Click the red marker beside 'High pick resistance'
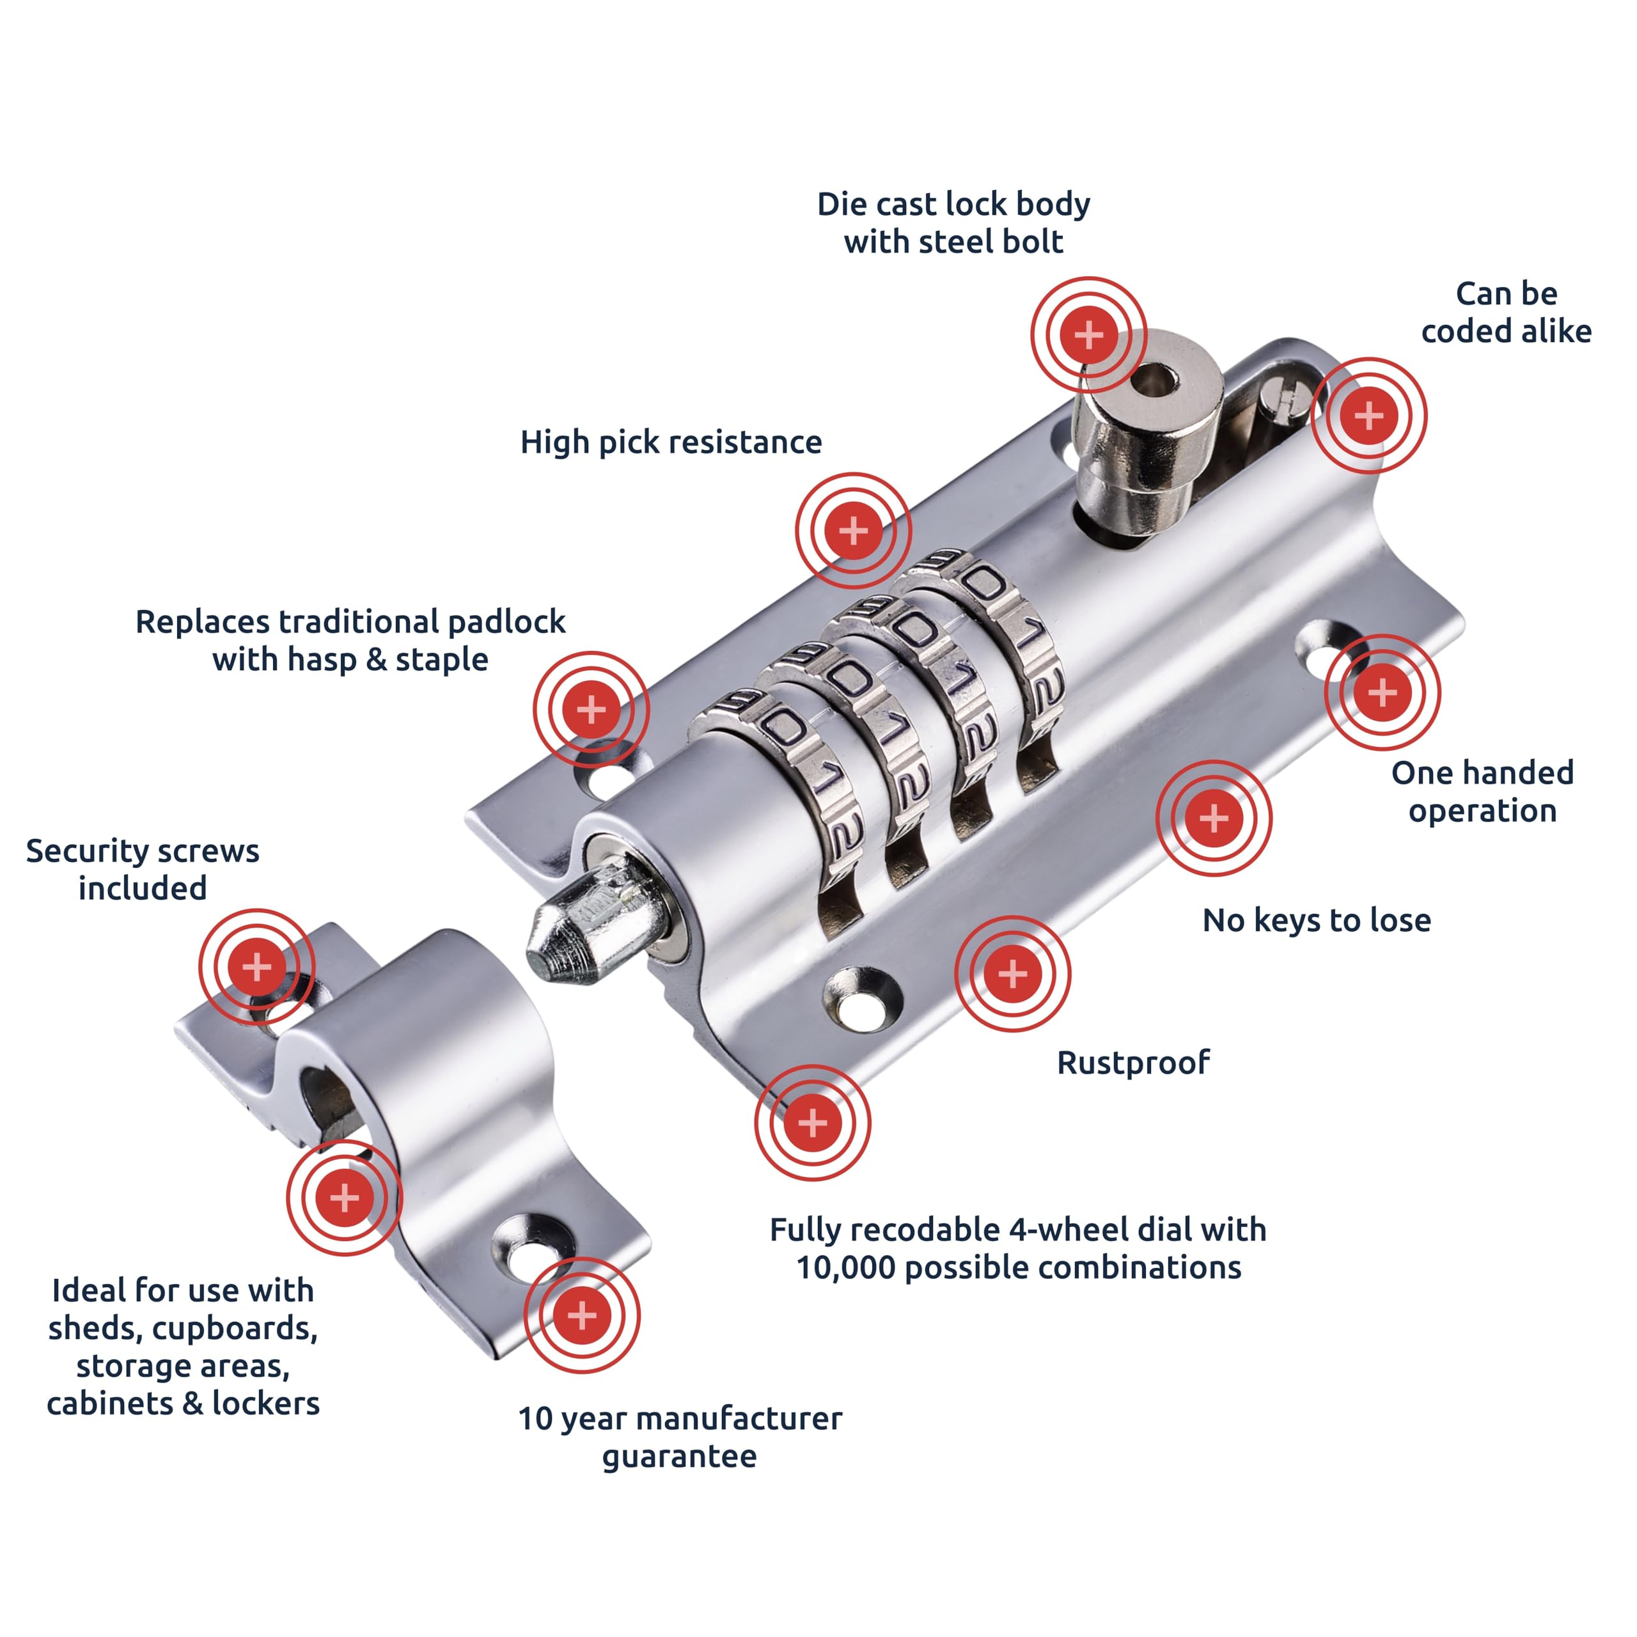click(x=853, y=530)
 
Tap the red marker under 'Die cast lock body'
click(x=1089, y=334)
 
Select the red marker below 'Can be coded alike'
click(x=1369, y=415)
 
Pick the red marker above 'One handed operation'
click(x=1382, y=693)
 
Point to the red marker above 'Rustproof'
click(x=1012, y=973)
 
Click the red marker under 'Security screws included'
click(x=256, y=967)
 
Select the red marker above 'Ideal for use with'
click(x=344, y=1197)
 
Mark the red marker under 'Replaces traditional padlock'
click(x=591, y=709)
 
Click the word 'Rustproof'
click(x=1133, y=1063)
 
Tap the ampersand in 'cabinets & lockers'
click(x=192, y=1404)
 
